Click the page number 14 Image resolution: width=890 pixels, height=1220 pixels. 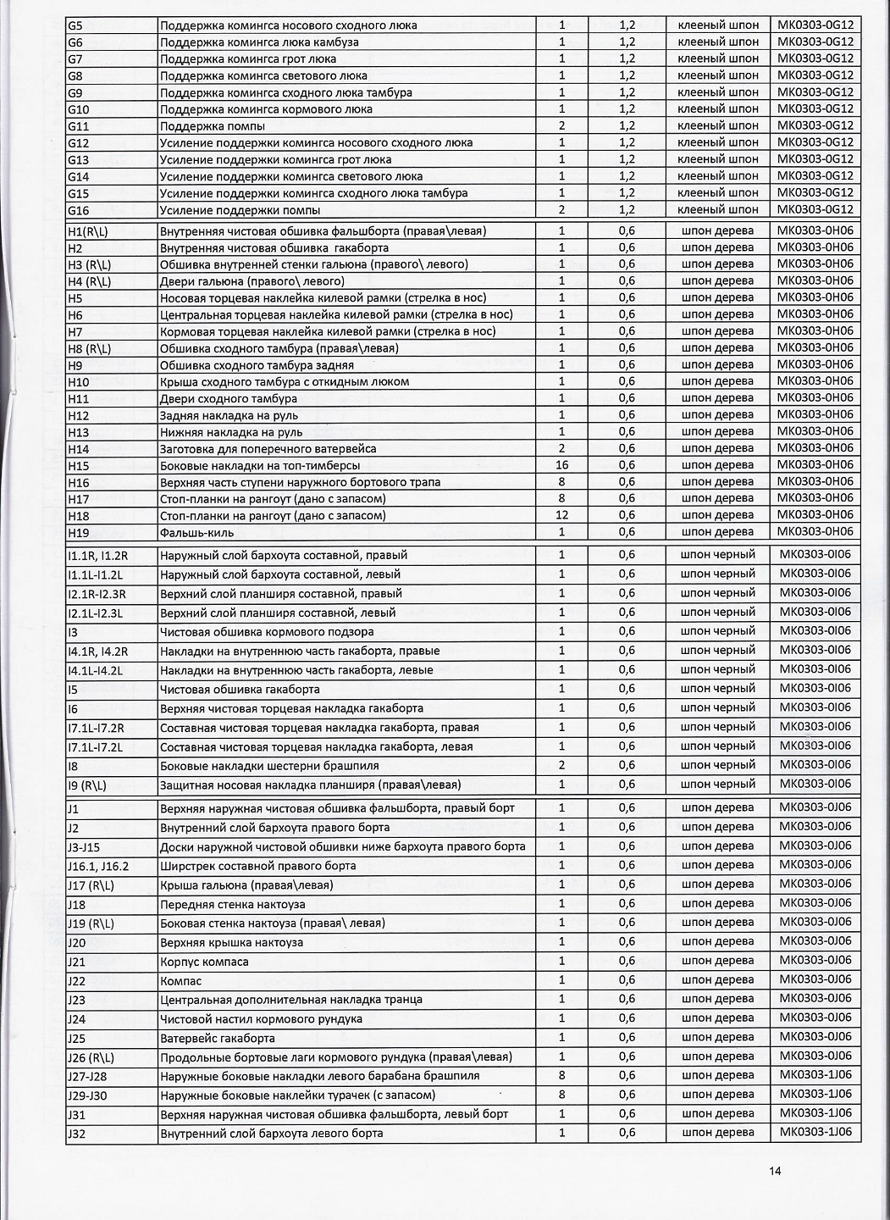(775, 1172)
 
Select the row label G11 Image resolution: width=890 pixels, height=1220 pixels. (78, 126)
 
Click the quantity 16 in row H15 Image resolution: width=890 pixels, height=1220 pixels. (561, 465)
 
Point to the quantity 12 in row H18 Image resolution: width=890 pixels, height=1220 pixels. (561, 515)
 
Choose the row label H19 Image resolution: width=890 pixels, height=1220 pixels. (78, 533)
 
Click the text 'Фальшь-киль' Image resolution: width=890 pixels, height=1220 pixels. (196, 533)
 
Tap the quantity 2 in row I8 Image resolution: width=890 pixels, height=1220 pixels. (561, 765)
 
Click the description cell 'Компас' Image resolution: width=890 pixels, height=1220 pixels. (180, 981)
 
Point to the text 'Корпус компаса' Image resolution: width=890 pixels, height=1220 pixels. (204, 962)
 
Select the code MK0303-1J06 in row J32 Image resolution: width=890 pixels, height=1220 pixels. (815, 1133)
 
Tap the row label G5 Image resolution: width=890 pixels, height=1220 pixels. (75, 25)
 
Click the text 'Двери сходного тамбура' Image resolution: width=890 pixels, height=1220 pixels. (228, 398)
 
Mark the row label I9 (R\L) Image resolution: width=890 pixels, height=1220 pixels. (86, 785)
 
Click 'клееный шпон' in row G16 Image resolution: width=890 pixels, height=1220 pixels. (718, 209)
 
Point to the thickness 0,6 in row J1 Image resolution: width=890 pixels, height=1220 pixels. (627, 808)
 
